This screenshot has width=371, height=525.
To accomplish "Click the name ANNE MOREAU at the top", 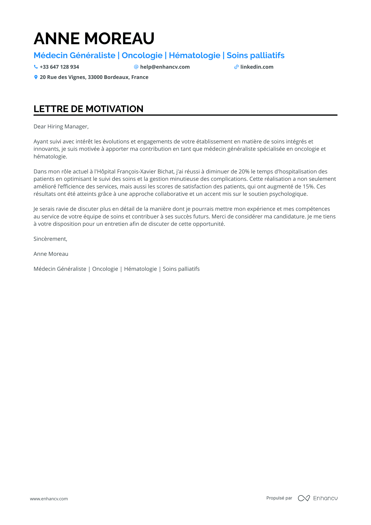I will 94,38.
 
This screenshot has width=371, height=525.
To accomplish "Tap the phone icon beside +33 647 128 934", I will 36,67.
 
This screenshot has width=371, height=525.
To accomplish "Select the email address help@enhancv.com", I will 165,67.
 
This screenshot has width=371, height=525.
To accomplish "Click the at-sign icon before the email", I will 136,67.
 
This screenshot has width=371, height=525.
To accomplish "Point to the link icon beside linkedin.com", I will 236,67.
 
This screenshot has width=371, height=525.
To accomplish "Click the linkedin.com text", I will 257,67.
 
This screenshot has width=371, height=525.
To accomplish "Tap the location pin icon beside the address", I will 36,77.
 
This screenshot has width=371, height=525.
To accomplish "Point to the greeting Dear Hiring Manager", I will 61,127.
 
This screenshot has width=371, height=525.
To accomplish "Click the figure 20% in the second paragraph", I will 244,172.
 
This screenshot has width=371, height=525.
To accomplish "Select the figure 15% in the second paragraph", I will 308,187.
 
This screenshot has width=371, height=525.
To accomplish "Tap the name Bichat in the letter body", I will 166,172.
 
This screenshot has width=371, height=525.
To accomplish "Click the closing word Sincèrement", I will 50,239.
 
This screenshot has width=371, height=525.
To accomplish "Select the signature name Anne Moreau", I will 51,254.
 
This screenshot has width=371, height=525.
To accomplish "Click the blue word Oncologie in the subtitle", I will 142,55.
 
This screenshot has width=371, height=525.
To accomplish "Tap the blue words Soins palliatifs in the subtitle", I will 255,55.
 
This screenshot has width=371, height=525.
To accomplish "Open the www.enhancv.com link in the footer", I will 49,499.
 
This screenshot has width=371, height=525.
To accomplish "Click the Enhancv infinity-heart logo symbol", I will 304,498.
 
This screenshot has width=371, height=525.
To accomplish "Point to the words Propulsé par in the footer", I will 279,498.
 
